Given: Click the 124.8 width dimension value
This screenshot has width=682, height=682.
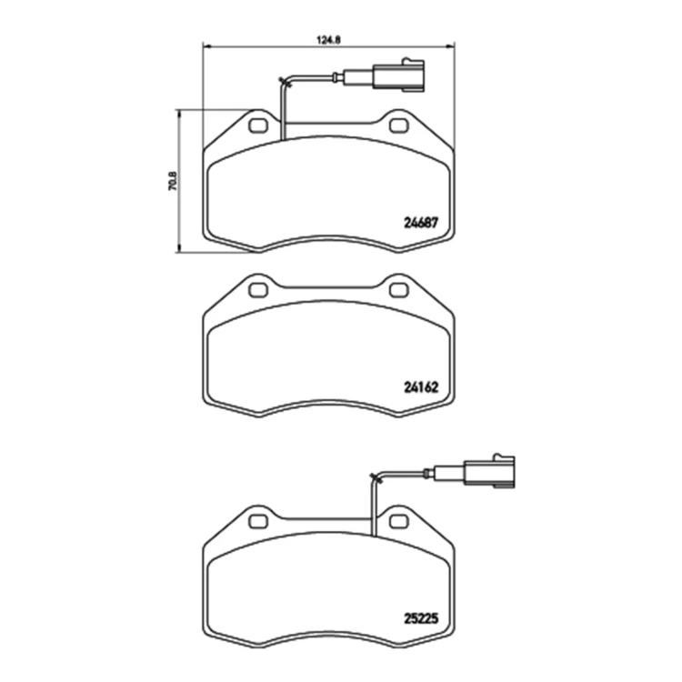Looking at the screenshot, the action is (x=328, y=40).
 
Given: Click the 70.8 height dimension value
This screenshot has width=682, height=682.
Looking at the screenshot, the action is (x=173, y=181).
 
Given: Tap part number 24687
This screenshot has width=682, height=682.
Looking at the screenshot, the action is (x=421, y=223).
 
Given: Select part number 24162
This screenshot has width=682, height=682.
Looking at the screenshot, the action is (x=421, y=387).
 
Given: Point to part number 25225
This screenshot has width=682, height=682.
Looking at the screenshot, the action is (x=421, y=618).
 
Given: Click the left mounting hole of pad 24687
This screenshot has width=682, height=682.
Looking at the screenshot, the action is (x=258, y=125).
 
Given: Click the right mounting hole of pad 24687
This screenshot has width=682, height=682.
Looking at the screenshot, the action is (x=398, y=125).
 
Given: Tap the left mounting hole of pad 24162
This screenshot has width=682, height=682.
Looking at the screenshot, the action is (x=258, y=290).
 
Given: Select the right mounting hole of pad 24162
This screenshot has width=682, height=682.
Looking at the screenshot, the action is (x=398, y=290).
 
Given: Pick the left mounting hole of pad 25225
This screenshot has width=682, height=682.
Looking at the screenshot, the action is (x=258, y=521).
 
